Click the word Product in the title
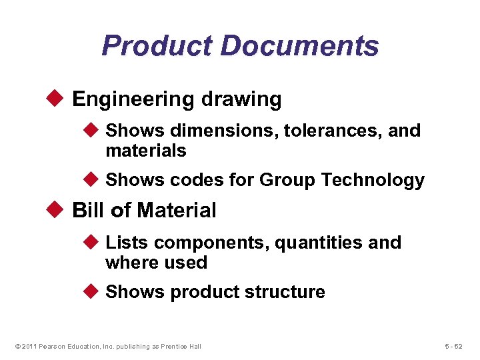click(x=157, y=46)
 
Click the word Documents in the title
click(x=299, y=46)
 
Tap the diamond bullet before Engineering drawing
click(x=57, y=99)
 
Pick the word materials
click(x=145, y=151)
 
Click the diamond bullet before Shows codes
click(x=94, y=180)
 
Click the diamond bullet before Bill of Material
click(x=57, y=210)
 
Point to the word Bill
click(x=87, y=210)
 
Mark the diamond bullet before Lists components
click(x=94, y=243)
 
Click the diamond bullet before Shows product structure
click(x=94, y=292)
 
